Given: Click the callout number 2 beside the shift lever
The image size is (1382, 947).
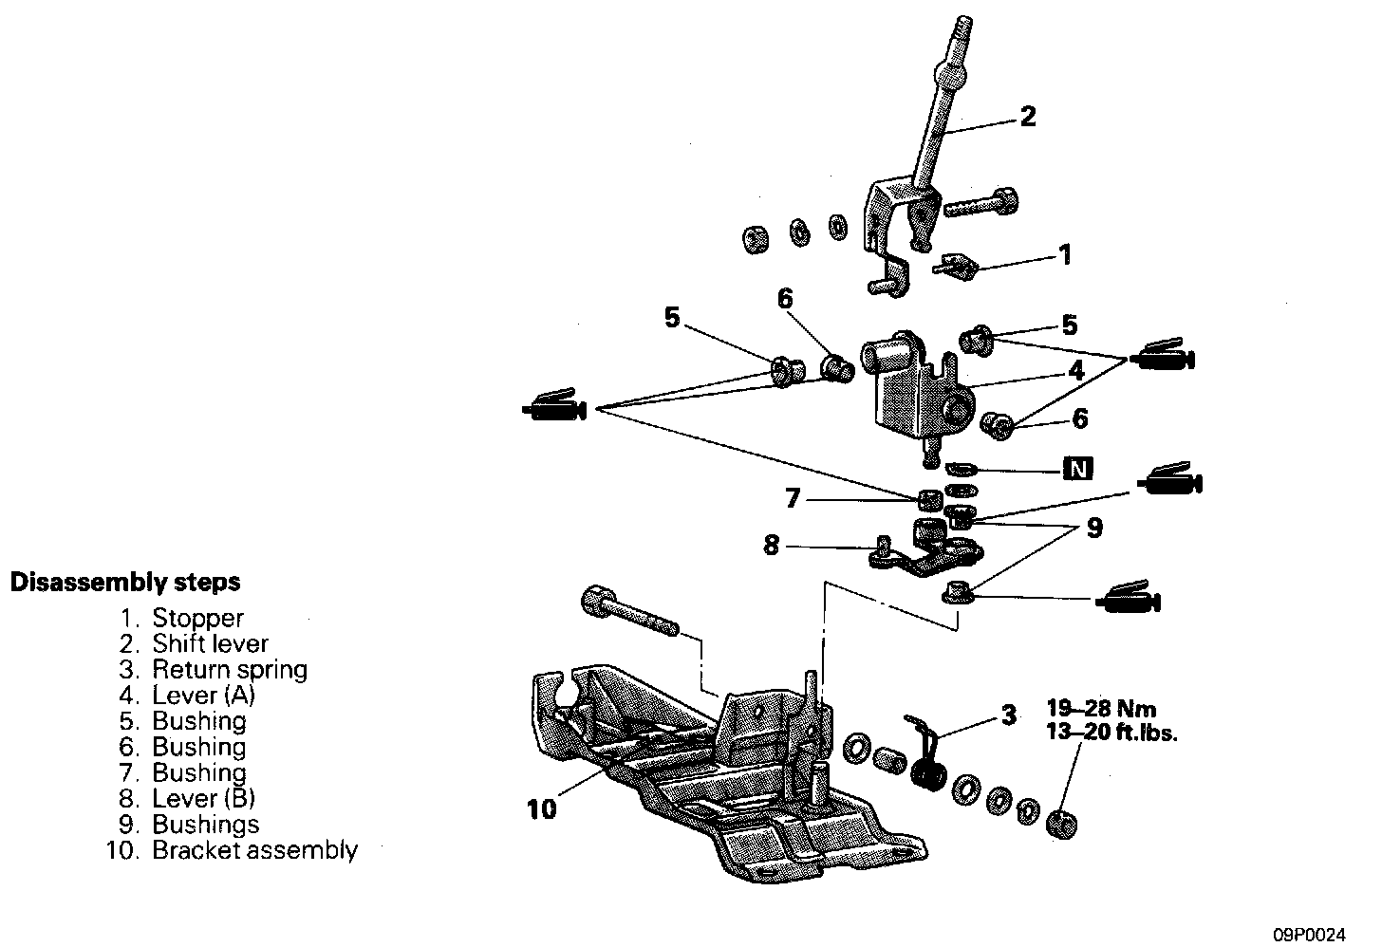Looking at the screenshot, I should click(x=1027, y=117).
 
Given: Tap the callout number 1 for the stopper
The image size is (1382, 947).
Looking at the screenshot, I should click(x=1065, y=254).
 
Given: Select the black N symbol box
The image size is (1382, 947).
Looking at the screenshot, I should click(x=1077, y=469).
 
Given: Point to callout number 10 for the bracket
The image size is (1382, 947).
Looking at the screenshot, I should click(x=541, y=809).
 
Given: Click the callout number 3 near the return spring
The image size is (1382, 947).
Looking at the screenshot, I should click(x=1009, y=714).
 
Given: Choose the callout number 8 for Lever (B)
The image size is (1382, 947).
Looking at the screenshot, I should click(x=772, y=546).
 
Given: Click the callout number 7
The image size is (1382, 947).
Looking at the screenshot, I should click(x=793, y=497).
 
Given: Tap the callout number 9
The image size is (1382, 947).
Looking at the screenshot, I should click(x=1093, y=529).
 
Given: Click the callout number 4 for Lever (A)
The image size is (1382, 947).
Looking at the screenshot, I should click(x=1074, y=371).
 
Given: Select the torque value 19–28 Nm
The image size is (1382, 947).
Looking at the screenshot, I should click(x=1101, y=708).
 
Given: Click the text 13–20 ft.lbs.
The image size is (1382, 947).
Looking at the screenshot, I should click(x=1111, y=733).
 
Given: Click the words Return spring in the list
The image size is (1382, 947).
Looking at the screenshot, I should click(x=230, y=670).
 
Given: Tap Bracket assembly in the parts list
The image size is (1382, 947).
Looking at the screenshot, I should click(x=254, y=850).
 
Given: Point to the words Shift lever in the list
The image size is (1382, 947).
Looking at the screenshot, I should click(x=211, y=644).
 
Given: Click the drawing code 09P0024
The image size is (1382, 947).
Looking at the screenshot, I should click(x=1311, y=934).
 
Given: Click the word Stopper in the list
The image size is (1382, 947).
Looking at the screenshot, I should click(x=197, y=619).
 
